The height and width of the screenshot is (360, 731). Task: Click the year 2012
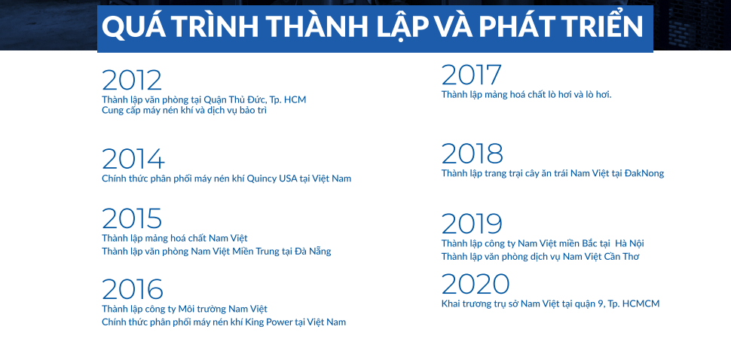pos(132,80)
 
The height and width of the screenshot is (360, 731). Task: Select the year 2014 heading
pos(133,159)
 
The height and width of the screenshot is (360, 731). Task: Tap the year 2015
pos(132,218)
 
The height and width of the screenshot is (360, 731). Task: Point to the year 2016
pos(133,289)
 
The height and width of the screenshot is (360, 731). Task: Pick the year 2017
pos(471,75)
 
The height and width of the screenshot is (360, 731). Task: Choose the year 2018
pos(473,154)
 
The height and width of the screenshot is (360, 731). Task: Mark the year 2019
pos(472,224)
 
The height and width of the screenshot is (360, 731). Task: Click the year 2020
pos(476,284)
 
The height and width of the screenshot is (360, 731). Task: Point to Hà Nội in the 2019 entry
pos(629,243)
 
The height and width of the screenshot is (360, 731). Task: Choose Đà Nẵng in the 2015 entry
pos(313,252)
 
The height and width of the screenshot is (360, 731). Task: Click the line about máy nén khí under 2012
pos(184,111)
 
